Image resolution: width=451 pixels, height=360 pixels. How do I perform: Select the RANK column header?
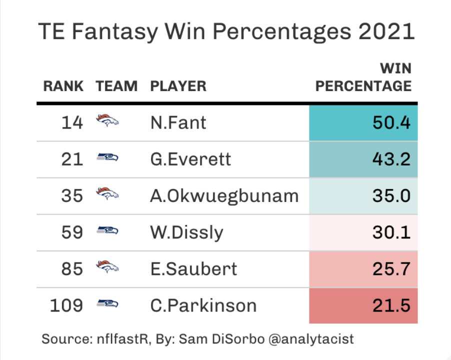tap(63, 86)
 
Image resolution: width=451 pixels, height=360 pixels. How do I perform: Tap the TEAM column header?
tap(116, 86)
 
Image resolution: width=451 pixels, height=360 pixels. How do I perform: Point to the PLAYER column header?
tap(178, 86)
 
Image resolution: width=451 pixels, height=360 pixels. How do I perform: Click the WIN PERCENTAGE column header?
tap(363, 77)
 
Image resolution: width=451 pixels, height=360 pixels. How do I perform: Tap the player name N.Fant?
tap(178, 122)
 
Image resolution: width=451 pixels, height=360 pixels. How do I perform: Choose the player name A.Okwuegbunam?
tap(224, 195)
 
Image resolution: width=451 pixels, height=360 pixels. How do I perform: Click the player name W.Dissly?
tap(186, 232)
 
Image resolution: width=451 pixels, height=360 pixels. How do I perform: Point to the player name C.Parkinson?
tap(203, 305)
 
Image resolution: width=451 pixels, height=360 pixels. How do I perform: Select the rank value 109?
tap(66, 305)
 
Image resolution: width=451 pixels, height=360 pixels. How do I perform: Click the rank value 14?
tap(72, 122)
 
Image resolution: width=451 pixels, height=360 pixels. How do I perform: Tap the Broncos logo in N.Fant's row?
tap(107, 121)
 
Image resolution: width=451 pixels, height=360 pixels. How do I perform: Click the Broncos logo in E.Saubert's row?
tap(107, 267)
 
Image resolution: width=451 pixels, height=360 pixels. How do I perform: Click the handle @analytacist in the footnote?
tap(311, 339)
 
